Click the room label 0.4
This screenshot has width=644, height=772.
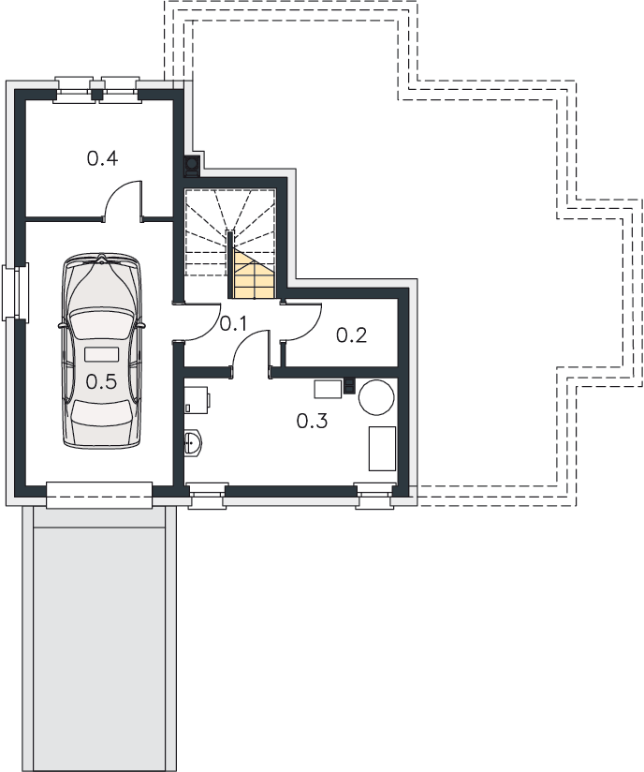(102, 158)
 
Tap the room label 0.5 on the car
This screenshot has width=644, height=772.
(101, 381)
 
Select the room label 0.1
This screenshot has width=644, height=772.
(233, 323)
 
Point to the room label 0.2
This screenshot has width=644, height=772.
(351, 335)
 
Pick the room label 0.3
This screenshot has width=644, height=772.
(312, 421)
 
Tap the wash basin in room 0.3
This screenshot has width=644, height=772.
(193, 443)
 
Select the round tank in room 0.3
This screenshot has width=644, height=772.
(376, 397)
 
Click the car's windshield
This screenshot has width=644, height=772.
(101, 325)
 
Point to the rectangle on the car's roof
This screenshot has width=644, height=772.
(101, 354)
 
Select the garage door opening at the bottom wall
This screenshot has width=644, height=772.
(99, 496)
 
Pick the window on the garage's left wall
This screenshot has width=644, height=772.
(16, 292)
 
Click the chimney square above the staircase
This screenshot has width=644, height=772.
(191, 167)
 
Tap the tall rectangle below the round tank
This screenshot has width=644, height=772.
(382, 449)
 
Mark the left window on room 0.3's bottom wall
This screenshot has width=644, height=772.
(208, 496)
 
